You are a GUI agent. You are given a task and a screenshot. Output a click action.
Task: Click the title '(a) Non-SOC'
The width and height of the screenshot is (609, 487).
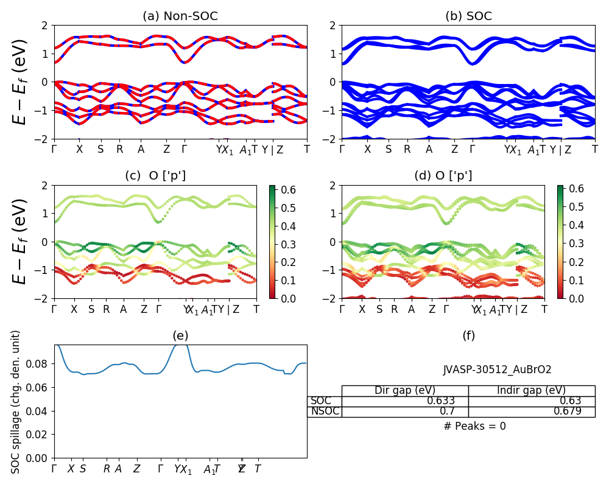tap(180, 16)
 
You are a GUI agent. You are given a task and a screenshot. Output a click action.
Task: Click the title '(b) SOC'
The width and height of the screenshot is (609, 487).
tap(468, 16)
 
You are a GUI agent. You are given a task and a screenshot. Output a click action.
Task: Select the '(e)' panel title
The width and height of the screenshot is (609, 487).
tap(180, 335)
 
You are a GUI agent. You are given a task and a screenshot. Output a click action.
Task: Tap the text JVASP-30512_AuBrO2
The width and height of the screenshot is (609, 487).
tap(497, 370)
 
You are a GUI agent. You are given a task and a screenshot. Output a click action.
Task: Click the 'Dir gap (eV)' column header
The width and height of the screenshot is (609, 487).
tap(404, 390)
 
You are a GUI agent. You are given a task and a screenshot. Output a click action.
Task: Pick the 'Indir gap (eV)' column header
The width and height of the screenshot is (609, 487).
tap(531, 390)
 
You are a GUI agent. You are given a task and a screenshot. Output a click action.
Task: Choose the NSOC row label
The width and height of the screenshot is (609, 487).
tap(324, 412)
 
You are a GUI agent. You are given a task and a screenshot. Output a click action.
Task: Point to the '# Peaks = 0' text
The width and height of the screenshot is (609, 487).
tap(474, 426)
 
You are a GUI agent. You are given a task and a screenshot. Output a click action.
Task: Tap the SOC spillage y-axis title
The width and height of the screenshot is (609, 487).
tap(16, 402)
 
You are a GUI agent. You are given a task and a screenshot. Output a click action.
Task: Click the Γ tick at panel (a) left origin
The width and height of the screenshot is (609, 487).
tap(54, 149)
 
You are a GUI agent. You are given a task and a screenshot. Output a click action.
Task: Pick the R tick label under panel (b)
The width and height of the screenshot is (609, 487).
tap(407, 149)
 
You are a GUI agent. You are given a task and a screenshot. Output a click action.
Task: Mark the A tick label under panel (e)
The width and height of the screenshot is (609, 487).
tap(118, 469)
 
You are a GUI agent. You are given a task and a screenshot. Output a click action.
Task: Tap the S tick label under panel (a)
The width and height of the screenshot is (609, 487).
tap(100, 149)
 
